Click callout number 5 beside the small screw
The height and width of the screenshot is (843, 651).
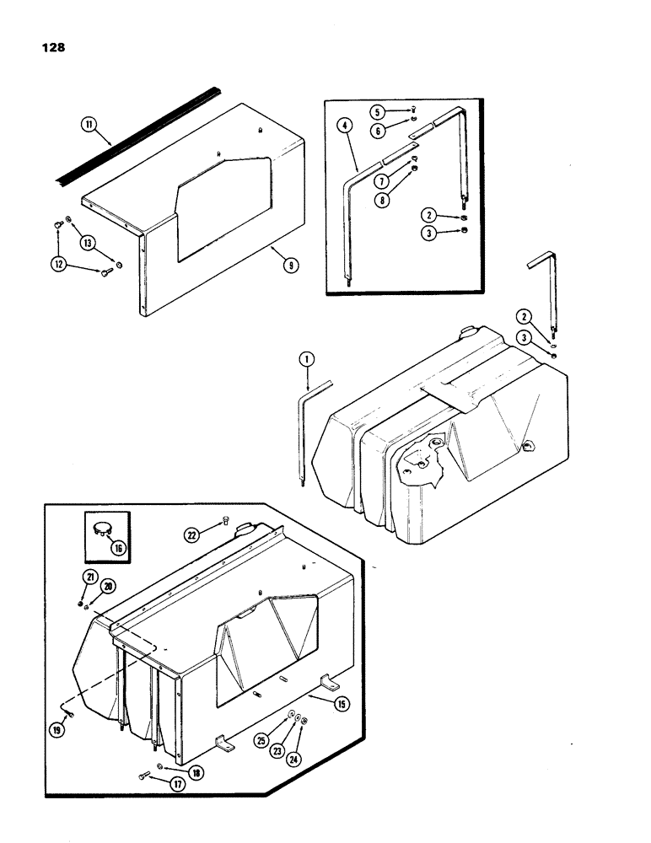pyautogui.click(x=378, y=111)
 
